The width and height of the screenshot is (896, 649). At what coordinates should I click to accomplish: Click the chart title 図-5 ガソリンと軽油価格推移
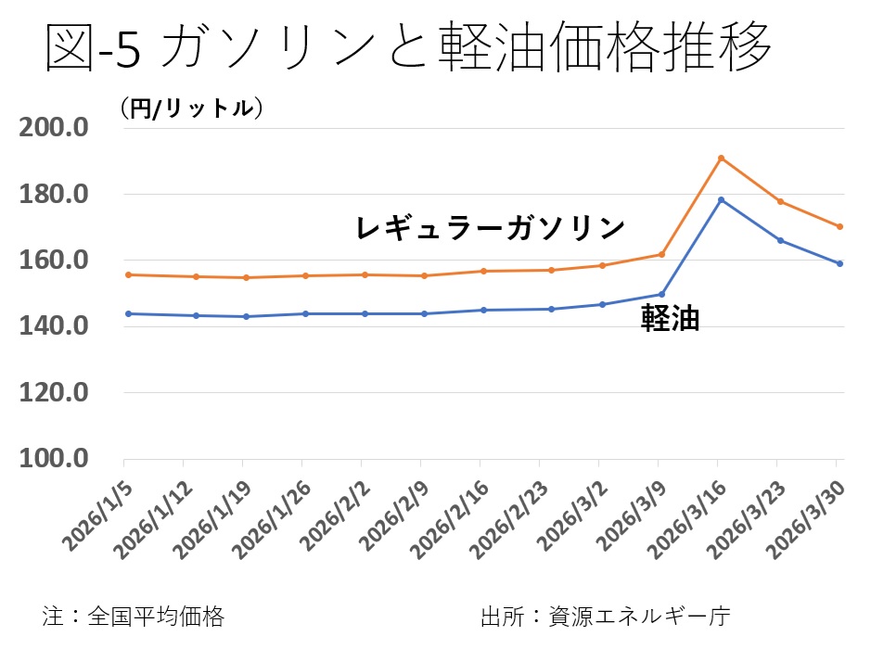[408, 48]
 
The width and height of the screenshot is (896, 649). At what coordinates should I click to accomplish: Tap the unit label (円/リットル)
[191, 108]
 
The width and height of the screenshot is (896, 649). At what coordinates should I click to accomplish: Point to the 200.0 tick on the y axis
[61, 128]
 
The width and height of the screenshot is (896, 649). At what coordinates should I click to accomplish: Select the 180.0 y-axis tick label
[61, 195]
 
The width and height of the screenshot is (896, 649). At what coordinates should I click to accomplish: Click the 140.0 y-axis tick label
[61, 326]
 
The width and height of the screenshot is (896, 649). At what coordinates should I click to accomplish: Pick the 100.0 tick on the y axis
[61, 459]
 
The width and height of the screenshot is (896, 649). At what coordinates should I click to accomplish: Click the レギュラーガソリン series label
[491, 227]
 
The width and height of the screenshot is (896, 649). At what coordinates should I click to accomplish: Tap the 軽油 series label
[671, 320]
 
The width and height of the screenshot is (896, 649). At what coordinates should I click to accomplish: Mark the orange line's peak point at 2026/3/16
[721, 158]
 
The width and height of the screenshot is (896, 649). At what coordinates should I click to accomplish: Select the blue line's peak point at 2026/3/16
[721, 199]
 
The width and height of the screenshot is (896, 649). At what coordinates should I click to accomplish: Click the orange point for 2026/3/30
[839, 226]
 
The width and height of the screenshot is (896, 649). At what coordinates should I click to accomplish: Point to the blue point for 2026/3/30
[839, 263]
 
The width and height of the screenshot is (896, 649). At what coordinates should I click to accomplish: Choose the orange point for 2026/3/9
[661, 254]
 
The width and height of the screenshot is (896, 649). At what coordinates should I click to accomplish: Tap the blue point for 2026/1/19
[243, 316]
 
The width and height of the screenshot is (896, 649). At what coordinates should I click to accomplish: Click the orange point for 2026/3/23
[780, 201]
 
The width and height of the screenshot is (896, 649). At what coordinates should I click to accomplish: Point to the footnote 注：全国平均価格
[133, 616]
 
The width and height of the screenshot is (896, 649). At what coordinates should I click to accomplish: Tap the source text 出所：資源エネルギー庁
[606, 616]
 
